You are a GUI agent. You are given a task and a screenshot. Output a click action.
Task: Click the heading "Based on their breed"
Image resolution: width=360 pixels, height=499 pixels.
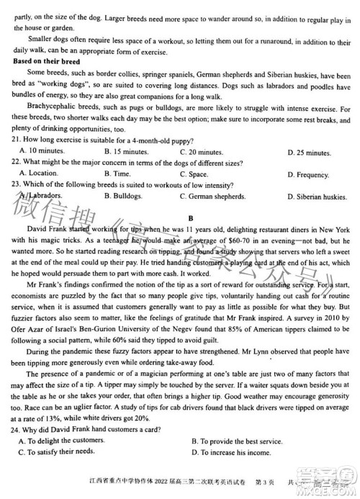(x=48, y=63)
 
